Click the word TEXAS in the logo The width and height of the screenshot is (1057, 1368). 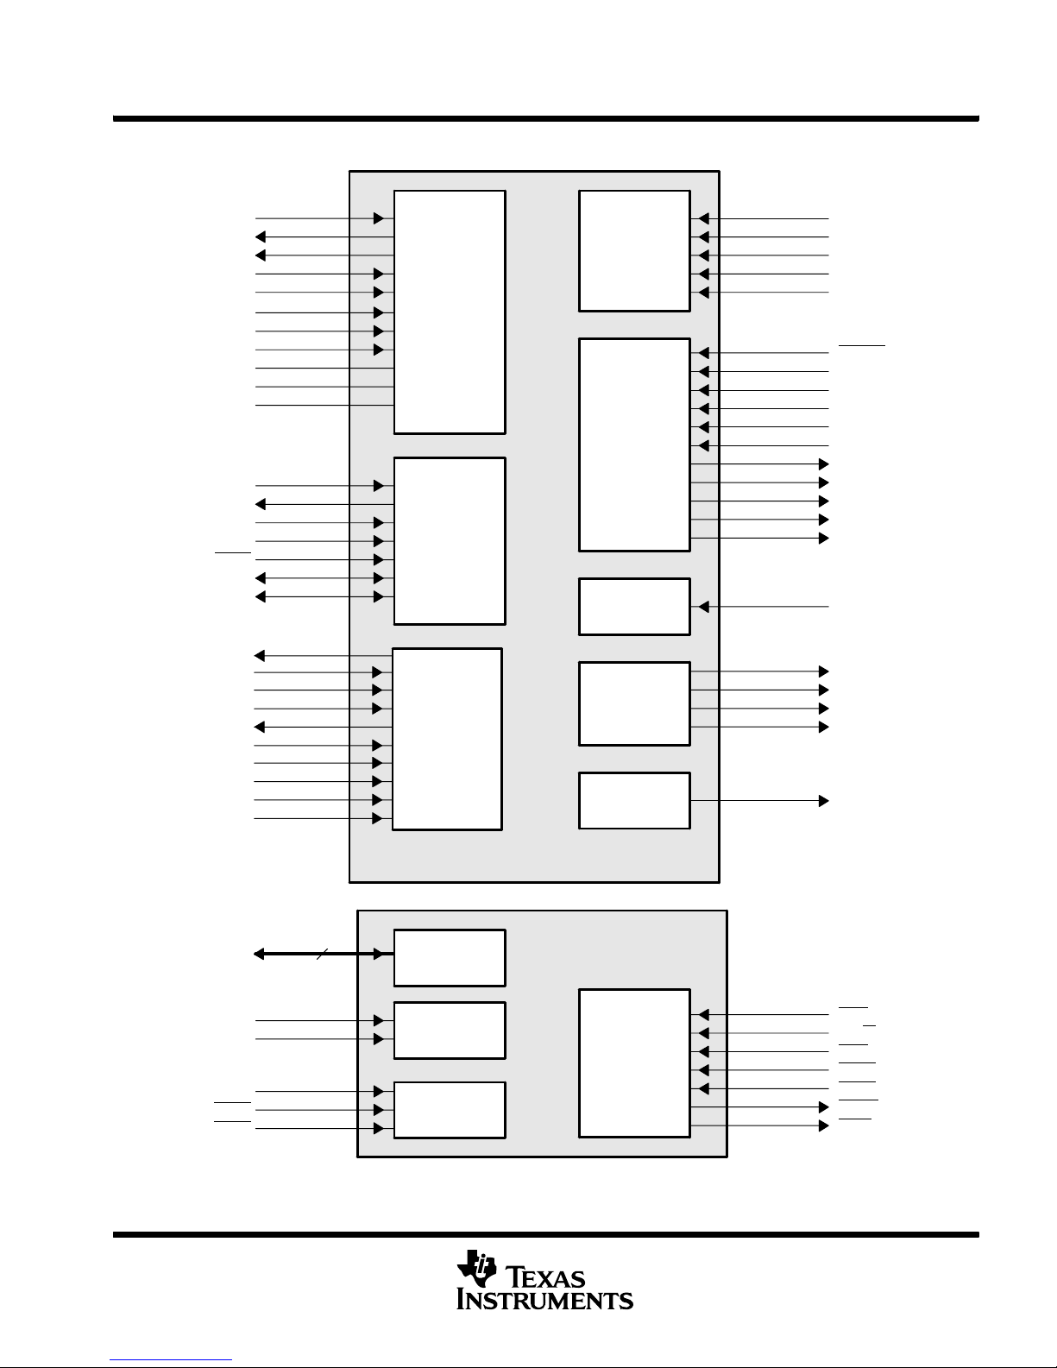pyautogui.click(x=545, y=1277)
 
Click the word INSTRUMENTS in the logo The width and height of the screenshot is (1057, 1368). pyautogui.click(x=544, y=1300)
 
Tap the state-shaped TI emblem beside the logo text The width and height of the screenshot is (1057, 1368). pyautogui.click(x=476, y=1268)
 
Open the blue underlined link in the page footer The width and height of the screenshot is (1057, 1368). pyautogui.click(x=171, y=1360)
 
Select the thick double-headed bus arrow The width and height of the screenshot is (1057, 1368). pyautogui.click(x=324, y=954)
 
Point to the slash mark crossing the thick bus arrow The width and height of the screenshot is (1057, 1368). pyautogui.click(x=322, y=954)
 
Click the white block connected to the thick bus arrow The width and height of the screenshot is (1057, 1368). pyautogui.click(x=450, y=957)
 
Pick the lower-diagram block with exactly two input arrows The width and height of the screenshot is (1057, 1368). pyautogui.click(x=450, y=1031)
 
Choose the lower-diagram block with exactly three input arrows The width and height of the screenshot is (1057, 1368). pyautogui.click(x=450, y=1110)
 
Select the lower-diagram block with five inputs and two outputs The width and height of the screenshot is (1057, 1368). pyautogui.click(x=634, y=1063)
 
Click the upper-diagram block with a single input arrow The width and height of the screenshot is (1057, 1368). pyautogui.click(x=634, y=607)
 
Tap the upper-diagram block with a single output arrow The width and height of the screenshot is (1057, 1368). pyautogui.click(x=634, y=801)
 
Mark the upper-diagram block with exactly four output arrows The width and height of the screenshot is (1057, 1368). pyautogui.click(x=634, y=703)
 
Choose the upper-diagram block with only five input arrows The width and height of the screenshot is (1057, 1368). pyautogui.click(x=634, y=250)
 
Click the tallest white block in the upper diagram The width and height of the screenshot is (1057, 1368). pyautogui.click(x=450, y=312)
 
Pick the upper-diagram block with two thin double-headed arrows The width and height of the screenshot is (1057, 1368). pyautogui.click(x=450, y=541)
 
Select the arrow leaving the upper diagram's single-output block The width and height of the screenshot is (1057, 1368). pyautogui.click(x=760, y=801)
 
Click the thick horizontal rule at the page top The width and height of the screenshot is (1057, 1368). pyautogui.click(x=546, y=118)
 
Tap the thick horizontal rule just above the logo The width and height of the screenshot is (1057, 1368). pyautogui.click(x=546, y=1234)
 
